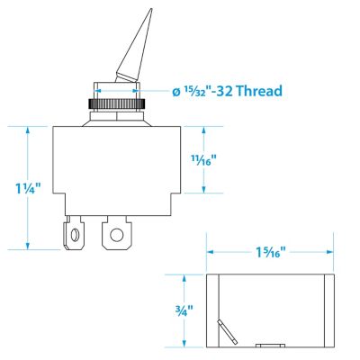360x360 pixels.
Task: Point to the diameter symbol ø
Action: [x=175, y=91]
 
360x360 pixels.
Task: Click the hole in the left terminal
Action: [x=73, y=239]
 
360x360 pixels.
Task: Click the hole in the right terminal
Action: [x=115, y=239]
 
